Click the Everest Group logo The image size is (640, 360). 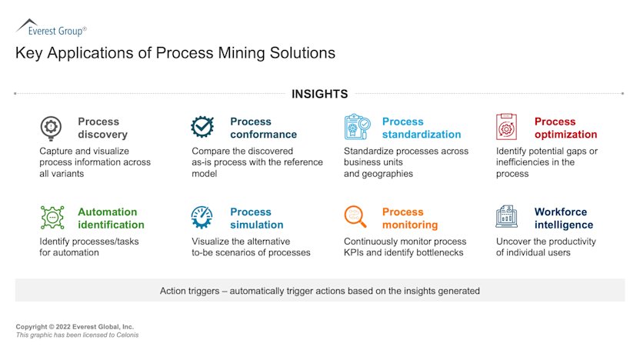coord(51,28)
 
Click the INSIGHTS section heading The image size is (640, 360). coord(319,94)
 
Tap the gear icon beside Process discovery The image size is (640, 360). coord(52,127)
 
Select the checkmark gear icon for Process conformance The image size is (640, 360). coord(203,127)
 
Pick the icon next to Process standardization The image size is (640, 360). coord(357,127)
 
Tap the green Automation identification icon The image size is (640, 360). coord(52,218)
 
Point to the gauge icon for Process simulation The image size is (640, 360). coord(203,218)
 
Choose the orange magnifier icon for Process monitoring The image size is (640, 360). coord(356,218)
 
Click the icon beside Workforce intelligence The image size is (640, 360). coord(508,218)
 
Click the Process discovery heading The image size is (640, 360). coord(98,128)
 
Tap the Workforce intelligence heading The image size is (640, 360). coord(564,218)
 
